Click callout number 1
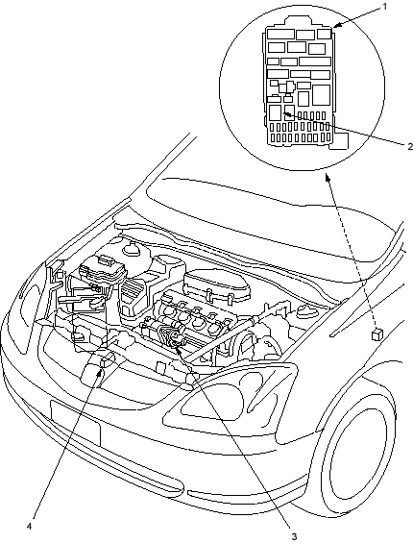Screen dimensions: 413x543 point(385,6)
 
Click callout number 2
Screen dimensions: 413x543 point(410,146)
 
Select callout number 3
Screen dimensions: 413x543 point(294,536)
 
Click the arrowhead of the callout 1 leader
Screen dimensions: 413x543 point(336,25)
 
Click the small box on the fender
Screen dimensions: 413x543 point(377,333)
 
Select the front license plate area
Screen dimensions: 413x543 point(75,423)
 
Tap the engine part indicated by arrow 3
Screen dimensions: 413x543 point(173,337)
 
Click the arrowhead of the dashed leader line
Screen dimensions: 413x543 point(328,177)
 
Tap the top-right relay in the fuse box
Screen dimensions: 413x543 point(325,34)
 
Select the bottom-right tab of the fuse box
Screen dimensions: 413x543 point(338,141)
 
